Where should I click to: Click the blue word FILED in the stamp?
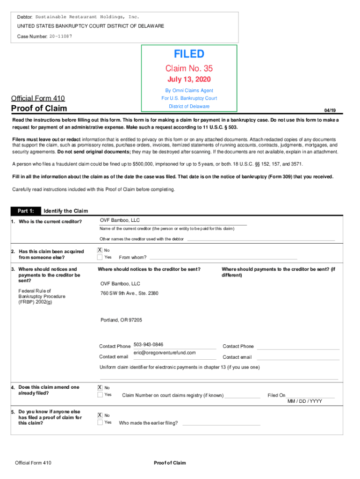click(189, 54)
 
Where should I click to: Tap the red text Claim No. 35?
click(189, 69)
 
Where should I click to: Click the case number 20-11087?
click(61, 36)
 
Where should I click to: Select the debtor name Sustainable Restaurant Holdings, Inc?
click(87, 17)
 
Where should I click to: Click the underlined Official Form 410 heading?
click(38, 98)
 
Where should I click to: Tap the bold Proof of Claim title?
click(39, 109)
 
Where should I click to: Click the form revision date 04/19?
click(330, 110)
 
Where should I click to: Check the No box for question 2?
click(100, 250)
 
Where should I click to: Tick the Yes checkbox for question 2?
click(100, 257)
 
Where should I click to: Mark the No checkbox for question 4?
click(100, 387)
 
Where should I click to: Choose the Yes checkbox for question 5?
click(100, 422)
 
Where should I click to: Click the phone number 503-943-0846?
click(148, 344)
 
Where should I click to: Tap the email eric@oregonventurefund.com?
click(165, 353)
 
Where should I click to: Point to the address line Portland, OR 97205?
click(121, 320)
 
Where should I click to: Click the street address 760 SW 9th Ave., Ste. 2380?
click(130, 293)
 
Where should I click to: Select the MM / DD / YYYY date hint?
click(304, 401)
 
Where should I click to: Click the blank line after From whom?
click(223, 258)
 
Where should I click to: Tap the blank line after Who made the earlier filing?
click(221, 423)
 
